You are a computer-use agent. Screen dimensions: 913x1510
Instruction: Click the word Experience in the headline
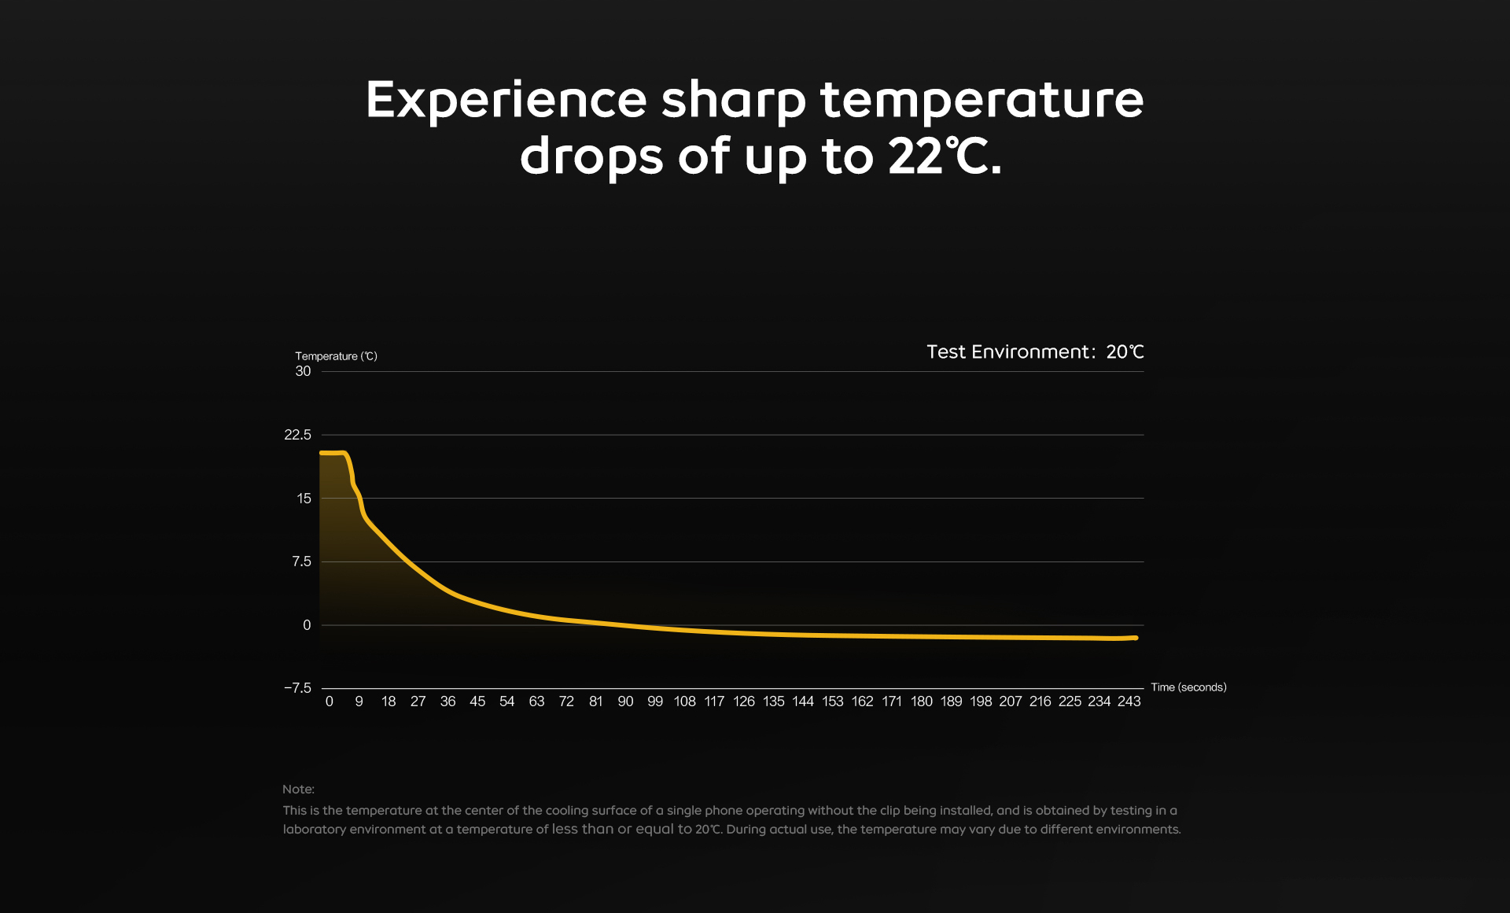point(506,101)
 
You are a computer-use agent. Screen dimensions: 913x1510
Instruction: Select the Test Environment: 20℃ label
point(1034,352)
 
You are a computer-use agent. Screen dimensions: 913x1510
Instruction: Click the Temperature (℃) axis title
point(336,356)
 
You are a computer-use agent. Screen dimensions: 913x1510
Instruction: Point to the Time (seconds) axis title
point(1188,687)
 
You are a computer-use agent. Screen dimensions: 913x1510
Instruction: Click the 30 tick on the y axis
point(303,371)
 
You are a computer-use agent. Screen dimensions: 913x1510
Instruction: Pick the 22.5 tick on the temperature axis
point(297,435)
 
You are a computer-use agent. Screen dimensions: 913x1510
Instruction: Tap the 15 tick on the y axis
point(304,499)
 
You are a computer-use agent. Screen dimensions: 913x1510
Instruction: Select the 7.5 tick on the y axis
point(301,561)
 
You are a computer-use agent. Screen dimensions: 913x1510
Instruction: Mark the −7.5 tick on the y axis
point(297,688)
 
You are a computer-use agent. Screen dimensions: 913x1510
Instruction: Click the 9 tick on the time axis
point(359,701)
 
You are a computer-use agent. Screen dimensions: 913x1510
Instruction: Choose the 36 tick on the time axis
point(447,701)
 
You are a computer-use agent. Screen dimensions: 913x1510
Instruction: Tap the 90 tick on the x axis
point(625,701)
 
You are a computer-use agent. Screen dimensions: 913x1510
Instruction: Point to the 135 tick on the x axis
point(773,701)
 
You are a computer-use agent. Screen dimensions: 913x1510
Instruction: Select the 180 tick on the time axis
point(921,701)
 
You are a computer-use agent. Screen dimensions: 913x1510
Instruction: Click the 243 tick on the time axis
point(1129,701)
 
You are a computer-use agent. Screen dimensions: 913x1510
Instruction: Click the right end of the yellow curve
point(1136,638)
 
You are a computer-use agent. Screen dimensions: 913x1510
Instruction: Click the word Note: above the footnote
point(298,790)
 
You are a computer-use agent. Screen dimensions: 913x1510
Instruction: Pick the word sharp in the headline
point(733,101)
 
